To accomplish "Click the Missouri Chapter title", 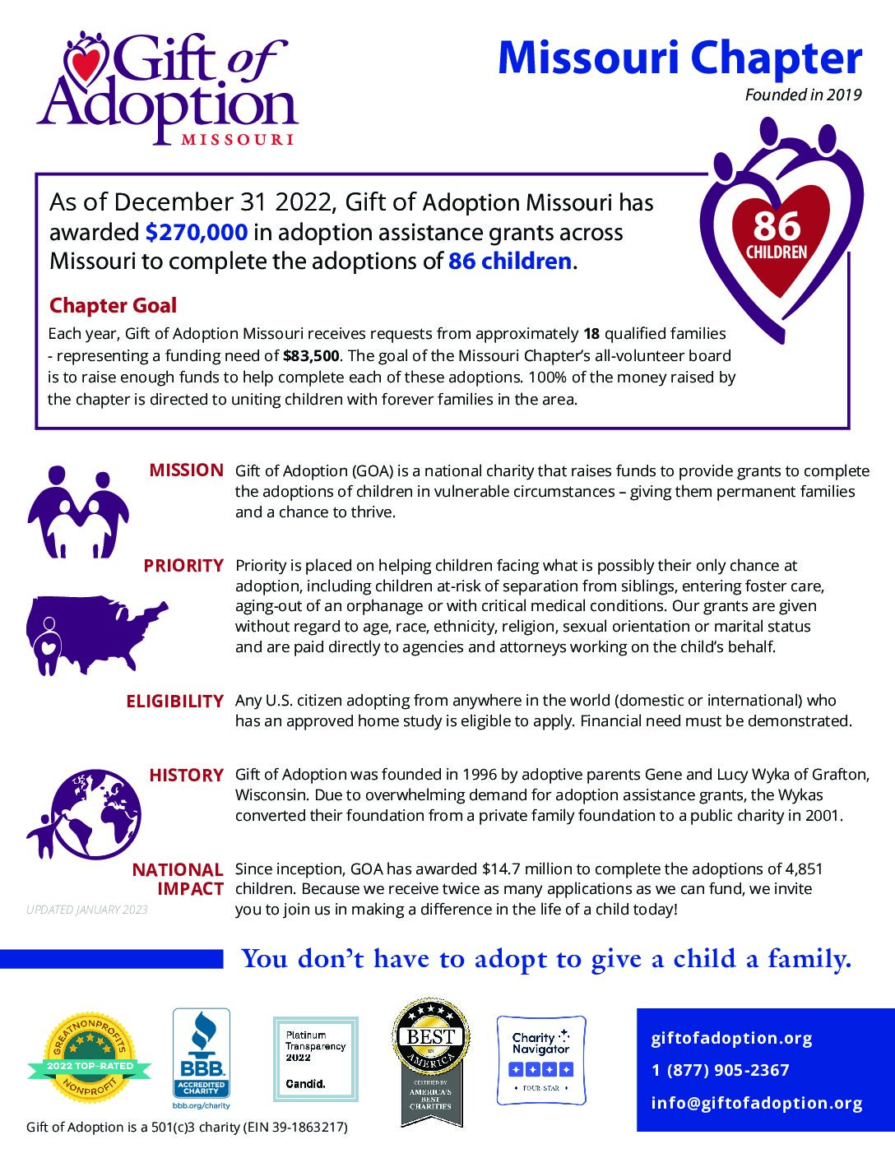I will click(679, 59).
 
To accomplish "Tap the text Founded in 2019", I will click(803, 95).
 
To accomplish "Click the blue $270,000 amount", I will click(196, 233).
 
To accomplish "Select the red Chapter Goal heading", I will click(113, 306).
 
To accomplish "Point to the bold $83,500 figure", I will click(311, 356).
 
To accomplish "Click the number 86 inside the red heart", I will click(776, 226).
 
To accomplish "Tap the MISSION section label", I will click(186, 470).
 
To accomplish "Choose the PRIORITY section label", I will click(183, 566).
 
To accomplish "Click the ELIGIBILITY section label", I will click(174, 702).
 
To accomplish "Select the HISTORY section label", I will click(186, 776).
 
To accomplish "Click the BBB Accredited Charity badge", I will click(201, 1058).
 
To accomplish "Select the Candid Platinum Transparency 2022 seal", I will click(316, 1058).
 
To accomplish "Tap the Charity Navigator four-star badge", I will click(540, 1059).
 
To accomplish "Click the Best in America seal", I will click(431, 1061).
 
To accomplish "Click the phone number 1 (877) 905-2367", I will click(721, 1071).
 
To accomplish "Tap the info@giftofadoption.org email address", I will click(757, 1104).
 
